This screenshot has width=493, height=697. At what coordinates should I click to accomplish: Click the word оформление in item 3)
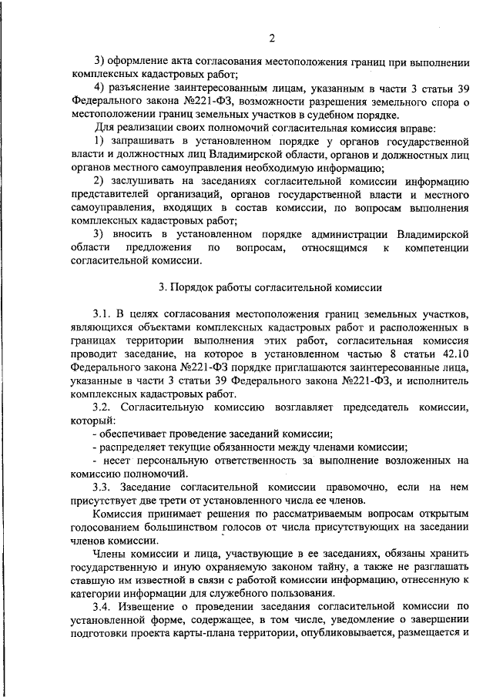click(140, 61)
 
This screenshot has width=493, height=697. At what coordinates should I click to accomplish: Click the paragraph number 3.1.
click(104, 316)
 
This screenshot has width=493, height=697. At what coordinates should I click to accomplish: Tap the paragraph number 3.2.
click(104, 406)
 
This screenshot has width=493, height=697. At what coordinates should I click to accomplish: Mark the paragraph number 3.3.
click(104, 488)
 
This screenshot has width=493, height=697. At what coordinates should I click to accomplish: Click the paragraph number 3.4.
click(104, 608)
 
